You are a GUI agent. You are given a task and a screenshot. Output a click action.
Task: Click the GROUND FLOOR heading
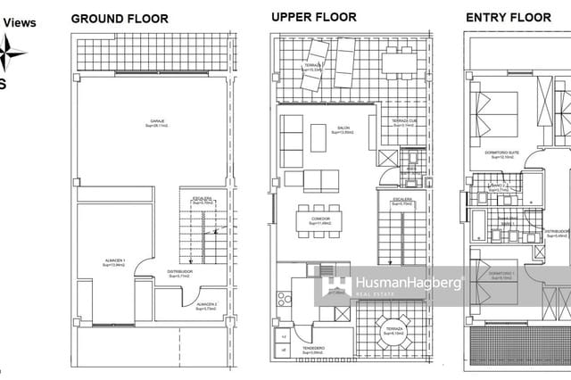click(x=114, y=18)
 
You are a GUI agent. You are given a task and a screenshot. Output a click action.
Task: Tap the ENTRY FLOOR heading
click(x=509, y=17)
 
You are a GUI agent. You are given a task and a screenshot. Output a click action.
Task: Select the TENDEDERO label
click(x=313, y=349)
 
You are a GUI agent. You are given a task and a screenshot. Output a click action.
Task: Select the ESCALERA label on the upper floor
click(x=401, y=200)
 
